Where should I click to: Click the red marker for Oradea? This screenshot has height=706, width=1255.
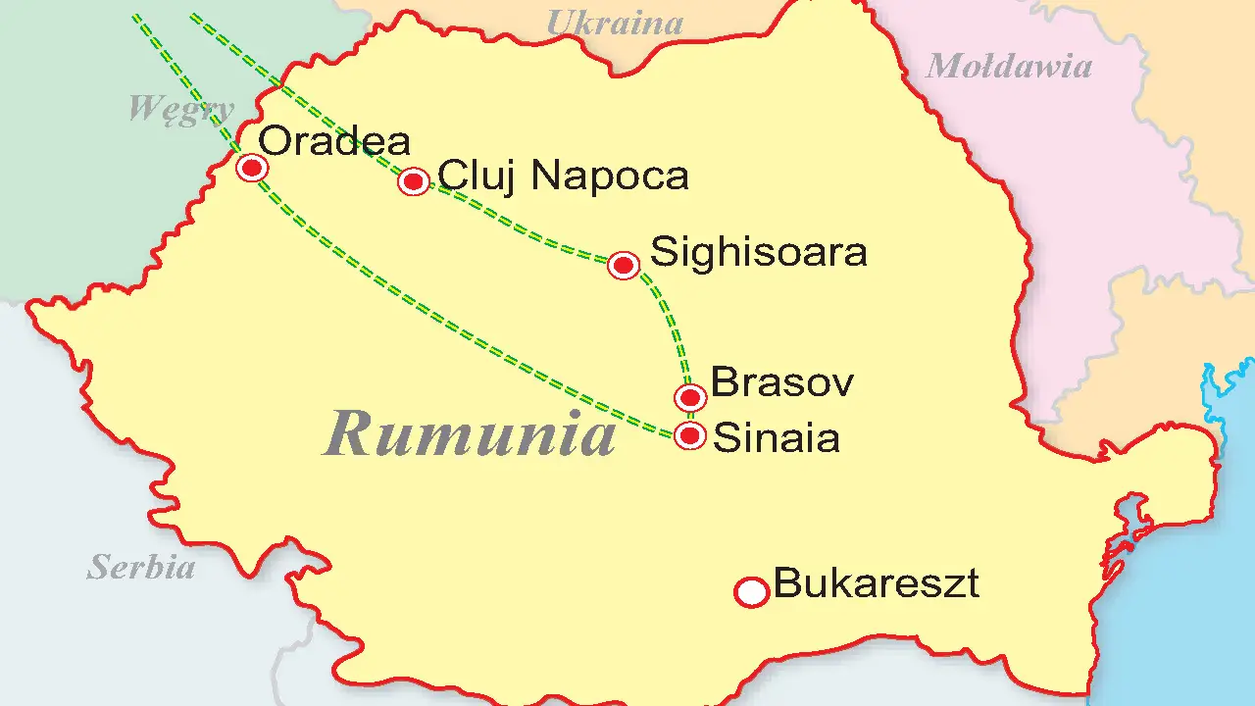coord(253,169)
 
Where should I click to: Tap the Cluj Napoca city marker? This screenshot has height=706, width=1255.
coord(415,181)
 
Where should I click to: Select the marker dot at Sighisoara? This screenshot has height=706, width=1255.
coord(624,265)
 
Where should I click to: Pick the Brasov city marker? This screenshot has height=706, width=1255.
coord(691,397)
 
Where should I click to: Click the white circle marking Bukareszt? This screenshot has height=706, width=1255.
coord(752,591)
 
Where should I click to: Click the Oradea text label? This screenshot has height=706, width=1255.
coord(335,142)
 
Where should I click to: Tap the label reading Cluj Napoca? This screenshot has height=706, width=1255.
coord(563,176)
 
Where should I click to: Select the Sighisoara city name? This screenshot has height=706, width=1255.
coord(759,253)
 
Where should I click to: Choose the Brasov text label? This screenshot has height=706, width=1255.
coord(781,381)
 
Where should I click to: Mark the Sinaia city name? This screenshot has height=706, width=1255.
coord(776,438)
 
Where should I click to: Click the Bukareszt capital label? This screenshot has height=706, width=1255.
coord(876,584)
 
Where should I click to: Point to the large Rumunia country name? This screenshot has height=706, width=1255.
coord(471,432)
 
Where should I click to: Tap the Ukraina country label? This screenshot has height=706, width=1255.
coord(614,22)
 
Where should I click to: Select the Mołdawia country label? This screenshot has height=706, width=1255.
coord(1008,66)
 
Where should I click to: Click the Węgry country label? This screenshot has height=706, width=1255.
coord(181,108)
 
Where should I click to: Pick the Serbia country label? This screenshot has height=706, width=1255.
coord(141,567)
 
